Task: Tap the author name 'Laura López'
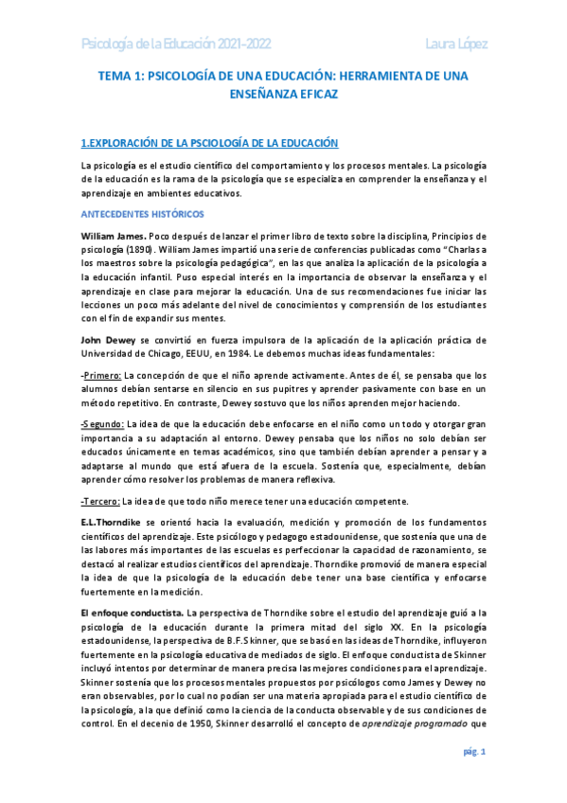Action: coord(451,43)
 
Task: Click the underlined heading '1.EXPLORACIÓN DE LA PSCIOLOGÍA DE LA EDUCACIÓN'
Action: coord(209,143)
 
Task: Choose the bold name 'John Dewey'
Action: coord(109,339)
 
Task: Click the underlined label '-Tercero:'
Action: coord(101,501)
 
